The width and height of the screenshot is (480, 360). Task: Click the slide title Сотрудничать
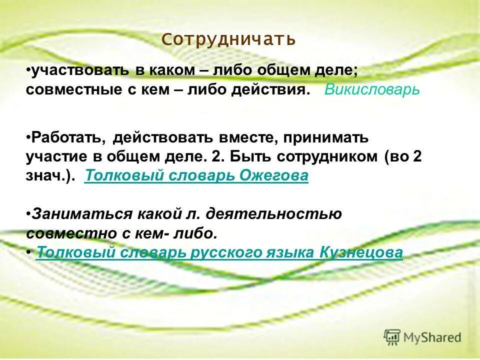click(x=229, y=39)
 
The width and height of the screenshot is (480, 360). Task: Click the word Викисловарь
click(x=372, y=90)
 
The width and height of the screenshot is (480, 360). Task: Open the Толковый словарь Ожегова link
click(x=196, y=176)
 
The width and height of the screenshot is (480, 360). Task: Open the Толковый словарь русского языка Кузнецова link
click(x=219, y=253)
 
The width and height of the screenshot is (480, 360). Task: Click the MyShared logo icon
click(x=392, y=337)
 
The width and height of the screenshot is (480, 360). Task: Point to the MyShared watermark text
click(x=432, y=337)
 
